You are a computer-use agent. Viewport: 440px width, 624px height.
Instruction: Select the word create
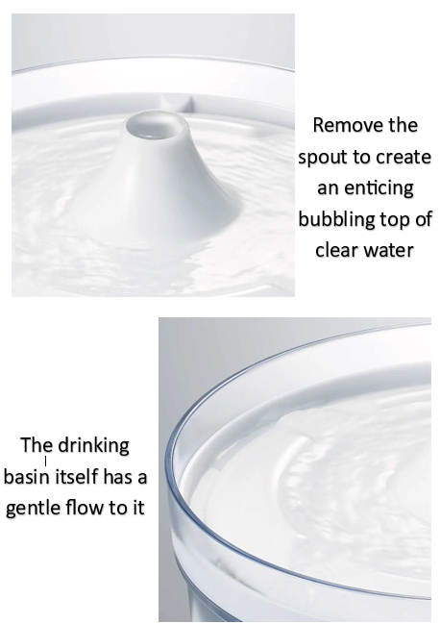point(404,157)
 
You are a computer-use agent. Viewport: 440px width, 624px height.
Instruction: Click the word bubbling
point(334,219)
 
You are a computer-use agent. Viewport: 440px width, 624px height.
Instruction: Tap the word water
point(390,250)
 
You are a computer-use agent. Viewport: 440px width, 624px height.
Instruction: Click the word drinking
point(93,446)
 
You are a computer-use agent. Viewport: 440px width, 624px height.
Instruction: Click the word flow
point(91,508)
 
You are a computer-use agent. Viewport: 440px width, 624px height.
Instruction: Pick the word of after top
point(423,219)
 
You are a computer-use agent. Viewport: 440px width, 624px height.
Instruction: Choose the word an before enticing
point(329,187)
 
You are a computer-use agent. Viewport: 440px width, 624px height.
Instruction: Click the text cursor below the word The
point(45,462)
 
